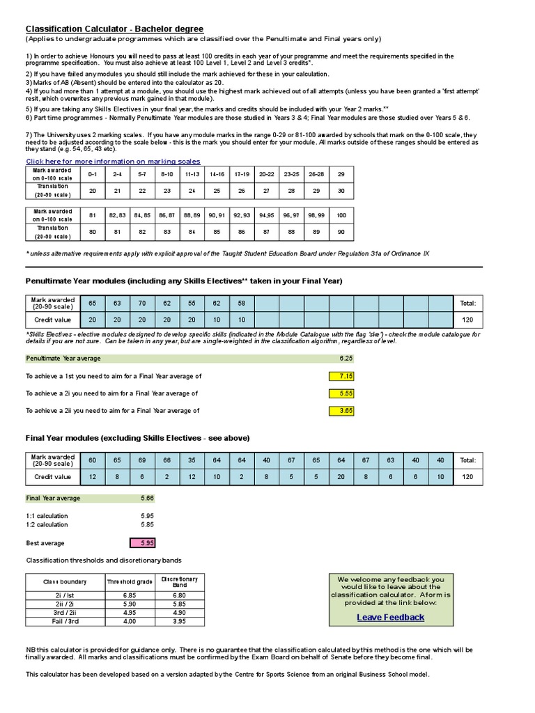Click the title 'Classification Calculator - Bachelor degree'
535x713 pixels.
[115, 29]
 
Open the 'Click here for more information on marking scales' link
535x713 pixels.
[113, 161]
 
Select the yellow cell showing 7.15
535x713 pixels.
[341, 376]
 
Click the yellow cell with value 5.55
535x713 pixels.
[341, 393]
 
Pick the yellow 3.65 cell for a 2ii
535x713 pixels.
[341, 411]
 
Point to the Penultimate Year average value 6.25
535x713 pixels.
[346, 359]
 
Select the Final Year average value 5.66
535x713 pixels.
[146, 499]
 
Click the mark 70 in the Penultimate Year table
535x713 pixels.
[142, 304]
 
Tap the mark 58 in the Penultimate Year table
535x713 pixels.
[242, 304]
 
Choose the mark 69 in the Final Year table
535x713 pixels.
[142, 460]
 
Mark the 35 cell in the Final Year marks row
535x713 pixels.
[192, 460]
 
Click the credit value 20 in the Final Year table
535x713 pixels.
[341, 477]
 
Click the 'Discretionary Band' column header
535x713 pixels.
[179, 581]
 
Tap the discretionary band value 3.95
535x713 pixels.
[179, 620]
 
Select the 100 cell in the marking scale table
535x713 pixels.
[341, 216]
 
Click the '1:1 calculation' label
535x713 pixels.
[47, 516]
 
